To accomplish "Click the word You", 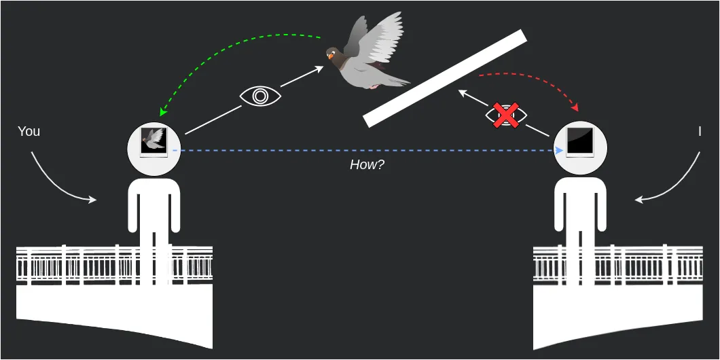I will (x=29, y=131).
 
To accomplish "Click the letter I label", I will (x=699, y=132).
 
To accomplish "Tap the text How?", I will (x=367, y=164).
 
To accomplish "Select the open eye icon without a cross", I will (x=260, y=96).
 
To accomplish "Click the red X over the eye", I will (x=506, y=115).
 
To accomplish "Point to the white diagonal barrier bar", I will (x=446, y=78).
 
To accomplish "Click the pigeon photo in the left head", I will (x=154, y=141).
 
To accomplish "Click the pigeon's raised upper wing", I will (x=380, y=34).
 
